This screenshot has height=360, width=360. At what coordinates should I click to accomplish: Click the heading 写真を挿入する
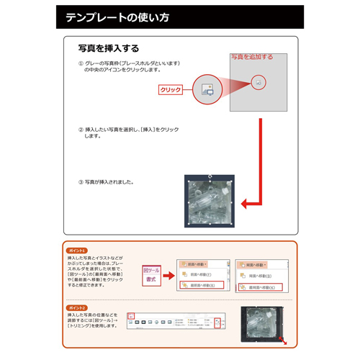[x=108, y=48]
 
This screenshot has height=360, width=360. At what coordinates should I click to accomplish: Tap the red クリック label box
[x=170, y=90]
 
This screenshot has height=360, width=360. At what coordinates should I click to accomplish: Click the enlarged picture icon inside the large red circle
[x=207, y=90]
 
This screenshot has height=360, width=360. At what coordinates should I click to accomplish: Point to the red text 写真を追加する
[x=251, y=57]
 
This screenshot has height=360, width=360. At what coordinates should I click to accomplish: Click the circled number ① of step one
[x=81, y=64]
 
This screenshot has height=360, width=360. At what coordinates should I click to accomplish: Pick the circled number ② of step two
[x=81, y=130]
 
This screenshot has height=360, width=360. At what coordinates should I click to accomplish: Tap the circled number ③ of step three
[x=81, y=181]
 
